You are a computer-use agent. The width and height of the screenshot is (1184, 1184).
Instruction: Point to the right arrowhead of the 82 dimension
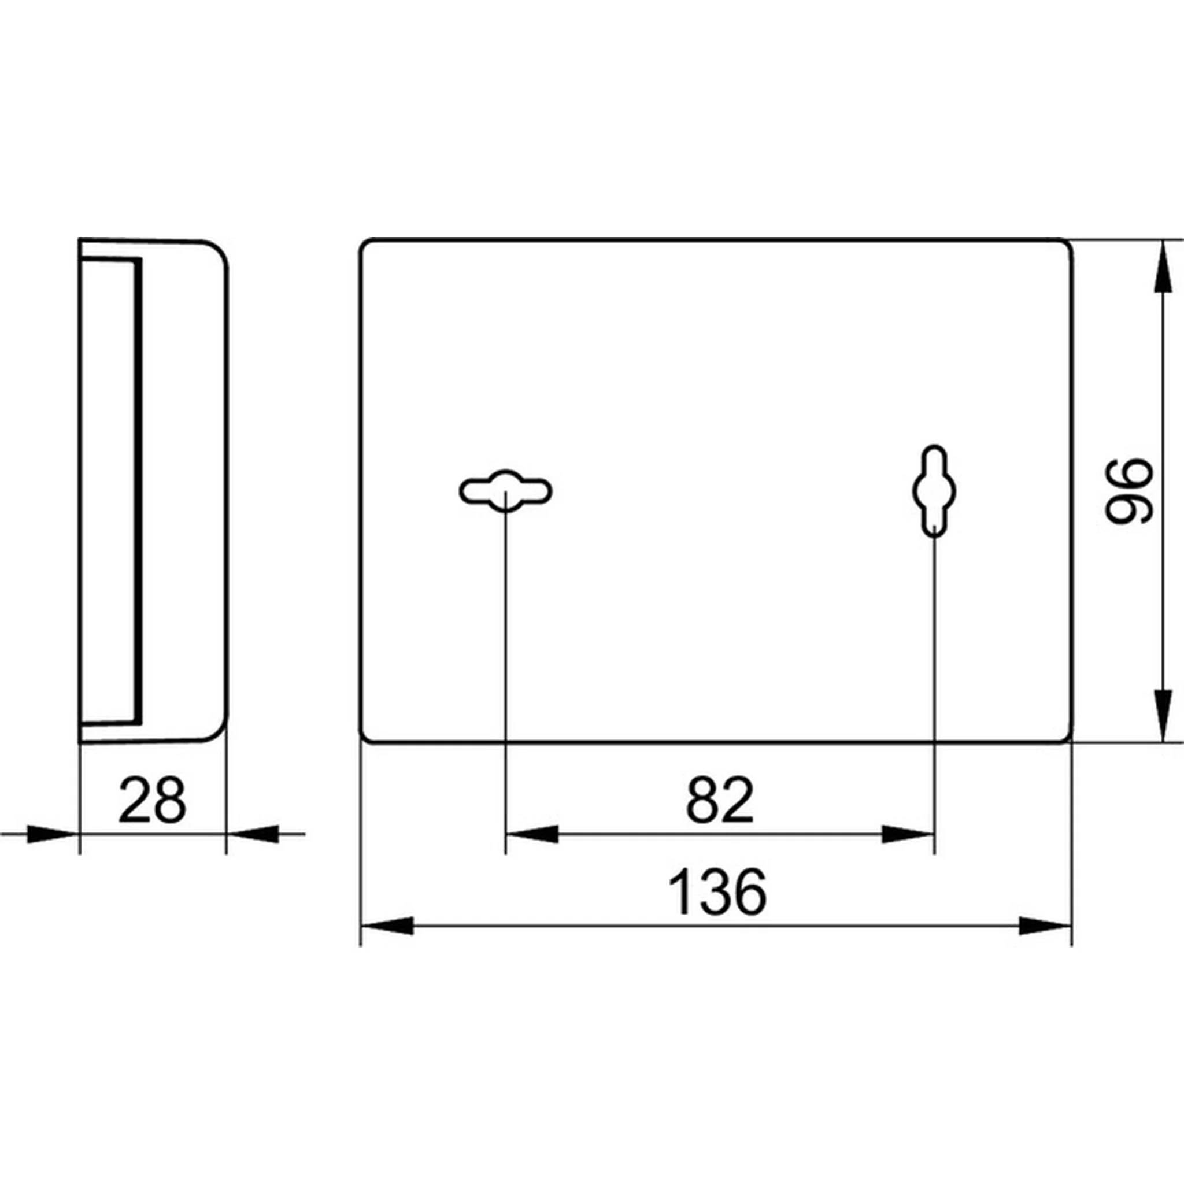click(x=908, y=834)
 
